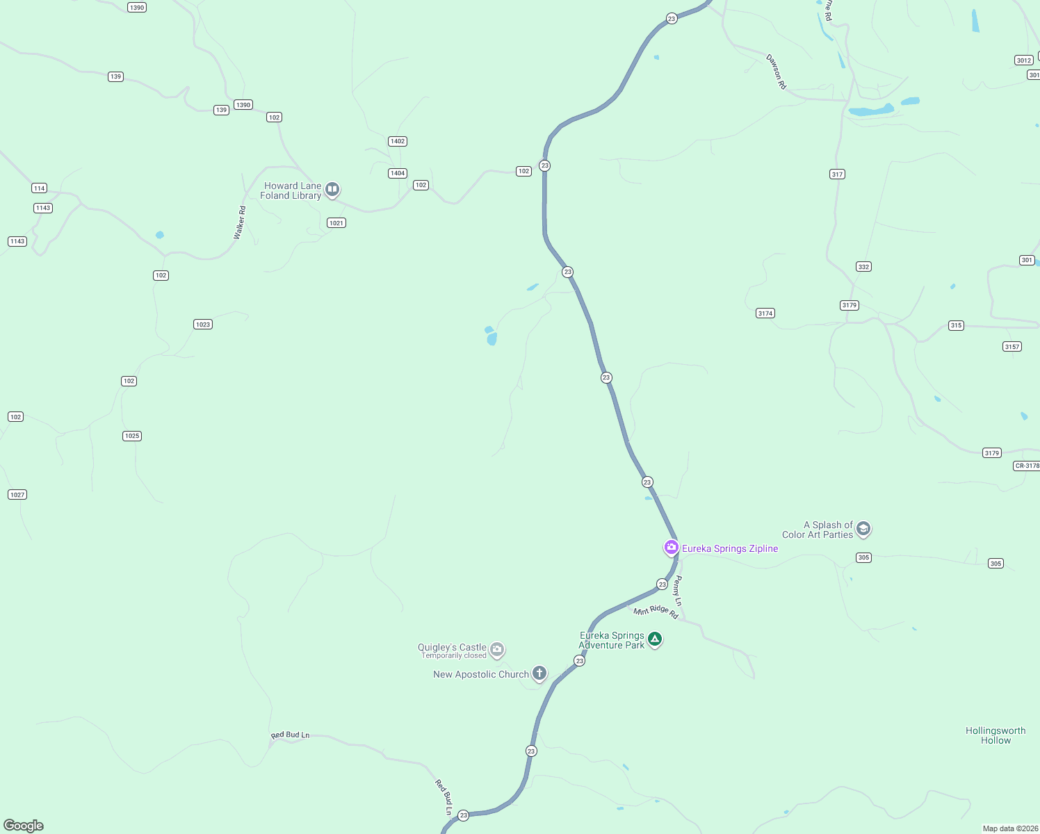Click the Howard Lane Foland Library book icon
pyautogui.click(x=332, y=189)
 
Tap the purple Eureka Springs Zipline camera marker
pyautogui.click(x=671, y=548)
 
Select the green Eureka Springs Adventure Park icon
pyautogui.click(x=654, y=639)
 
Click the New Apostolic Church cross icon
pyautogui.click(x=539, y=673)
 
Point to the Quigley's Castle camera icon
pyautogui.click(x=496, y=650)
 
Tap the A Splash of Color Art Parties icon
pyautogui.click(x=863, y=529)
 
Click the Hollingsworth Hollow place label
pyautogui.click(x=996, y=735)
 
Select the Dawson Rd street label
pyautogui.click(x=776, y=72)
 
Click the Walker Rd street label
pyautogui.click(x=239, y=223)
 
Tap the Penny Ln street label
pyautogui.click(x=678, y=591)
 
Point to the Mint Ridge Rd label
pyautogui.click(x=656, y=611)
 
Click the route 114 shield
pyautogui.click(x=39, y=188)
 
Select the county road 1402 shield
pyautogui.click(x=398, y=141)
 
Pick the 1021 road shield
pyautogui.click(x=336, y=223)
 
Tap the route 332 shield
pyautogui.click(x=863, y=267)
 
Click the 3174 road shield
pyautogui.click(x=765, y=313)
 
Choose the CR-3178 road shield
pyautogui.click(x=1026, y=466)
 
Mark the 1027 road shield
pyautogui.click(x=17, y=495)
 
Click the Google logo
pyautogui.click(x=24, y=826)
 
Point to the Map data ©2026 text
pyautogui.click(x=1009, y=828)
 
